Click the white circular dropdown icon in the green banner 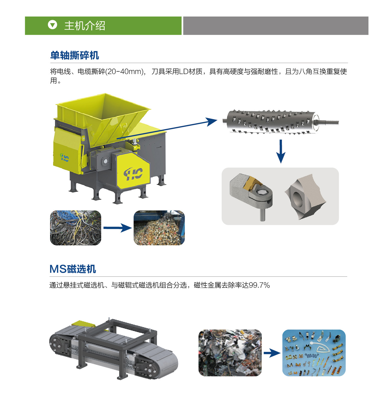(x=52, y=25)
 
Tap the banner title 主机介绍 (x=84, y=26)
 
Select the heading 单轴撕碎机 (x=75, y=55)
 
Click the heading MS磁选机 (x=73, y=269)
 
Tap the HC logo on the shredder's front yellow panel (x=133, y=174)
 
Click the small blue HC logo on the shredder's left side (x=65, y=157)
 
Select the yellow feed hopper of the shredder (x=103, y=119)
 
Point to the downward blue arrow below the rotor (x=281, y=151)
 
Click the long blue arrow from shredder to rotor (x=167, y=128)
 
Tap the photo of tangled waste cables (x=76, y=228)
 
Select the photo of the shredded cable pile (x=159, y=228)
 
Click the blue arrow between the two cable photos (x=118, y=228)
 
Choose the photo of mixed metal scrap (x=230, y=353)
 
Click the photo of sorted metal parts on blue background (x=314, y=353)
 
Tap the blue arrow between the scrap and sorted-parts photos (x=272, y=353)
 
